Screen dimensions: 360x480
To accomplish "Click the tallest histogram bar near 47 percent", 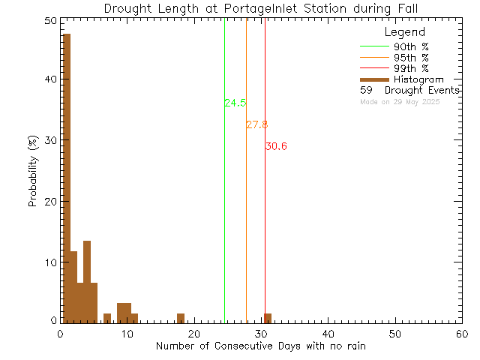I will pyautogui.click(x=66, y=177).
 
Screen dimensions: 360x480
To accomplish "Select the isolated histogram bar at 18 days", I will pyautogui.click(x=181, y=317).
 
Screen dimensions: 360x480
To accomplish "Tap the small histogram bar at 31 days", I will pyautogui.click(x=268, y=317).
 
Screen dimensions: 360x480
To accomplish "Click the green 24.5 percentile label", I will pyautogui.click(x=235, y=103).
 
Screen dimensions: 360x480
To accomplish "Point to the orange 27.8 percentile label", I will pyautogui.click(x=256, y=124).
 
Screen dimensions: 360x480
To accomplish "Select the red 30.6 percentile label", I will pyautogui.click(x=276, y=146).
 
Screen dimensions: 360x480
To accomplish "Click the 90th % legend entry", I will pyautogui.click(x=411, y=46).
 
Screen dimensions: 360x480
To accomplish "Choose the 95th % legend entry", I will pyautogui.click(x=411, y=57).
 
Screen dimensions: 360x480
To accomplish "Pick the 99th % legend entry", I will pyautogui.click(x=411, y=68).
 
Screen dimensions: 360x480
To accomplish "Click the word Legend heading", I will pyautogui.click(x=404, y=32).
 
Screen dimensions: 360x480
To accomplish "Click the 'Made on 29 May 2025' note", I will pyautogui.click(x=400, y=101).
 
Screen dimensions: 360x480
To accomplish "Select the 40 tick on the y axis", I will pyautogui.click(x=49, y=79).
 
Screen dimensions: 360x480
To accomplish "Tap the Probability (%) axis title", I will pyautogui.click(x=33, y=171).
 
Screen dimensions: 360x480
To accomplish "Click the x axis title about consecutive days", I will pyautogui.click(x=260, y=346).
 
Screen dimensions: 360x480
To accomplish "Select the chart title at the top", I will pyautogui.click(x=260, y=8).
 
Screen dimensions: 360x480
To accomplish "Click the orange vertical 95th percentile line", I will pyautogui.click(x=246, y=225).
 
